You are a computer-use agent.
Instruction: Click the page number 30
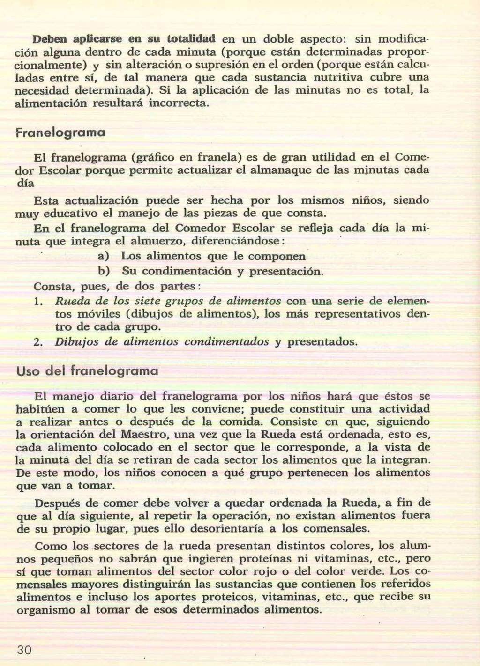(x=24, y=650)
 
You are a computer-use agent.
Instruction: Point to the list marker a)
(x=103, y=256)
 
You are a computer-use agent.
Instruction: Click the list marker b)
(x=103, y=271)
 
